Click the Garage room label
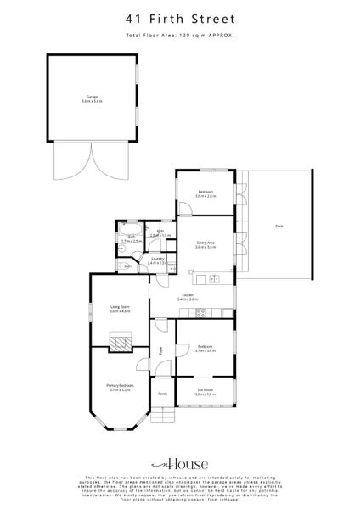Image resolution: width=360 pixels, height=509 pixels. click(92, 99)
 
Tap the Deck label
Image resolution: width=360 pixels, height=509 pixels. click(279, 226)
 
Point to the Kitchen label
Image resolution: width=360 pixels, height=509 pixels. click(188, 296)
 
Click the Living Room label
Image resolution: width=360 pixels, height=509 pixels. click(119, 309)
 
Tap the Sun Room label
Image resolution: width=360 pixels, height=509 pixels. click(205, 391)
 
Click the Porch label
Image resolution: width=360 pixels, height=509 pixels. click(162, 394)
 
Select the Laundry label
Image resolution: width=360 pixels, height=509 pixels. click(155, 260)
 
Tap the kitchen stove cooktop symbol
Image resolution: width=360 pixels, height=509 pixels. click(202, 313)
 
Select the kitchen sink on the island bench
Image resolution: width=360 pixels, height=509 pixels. click(214, 278)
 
